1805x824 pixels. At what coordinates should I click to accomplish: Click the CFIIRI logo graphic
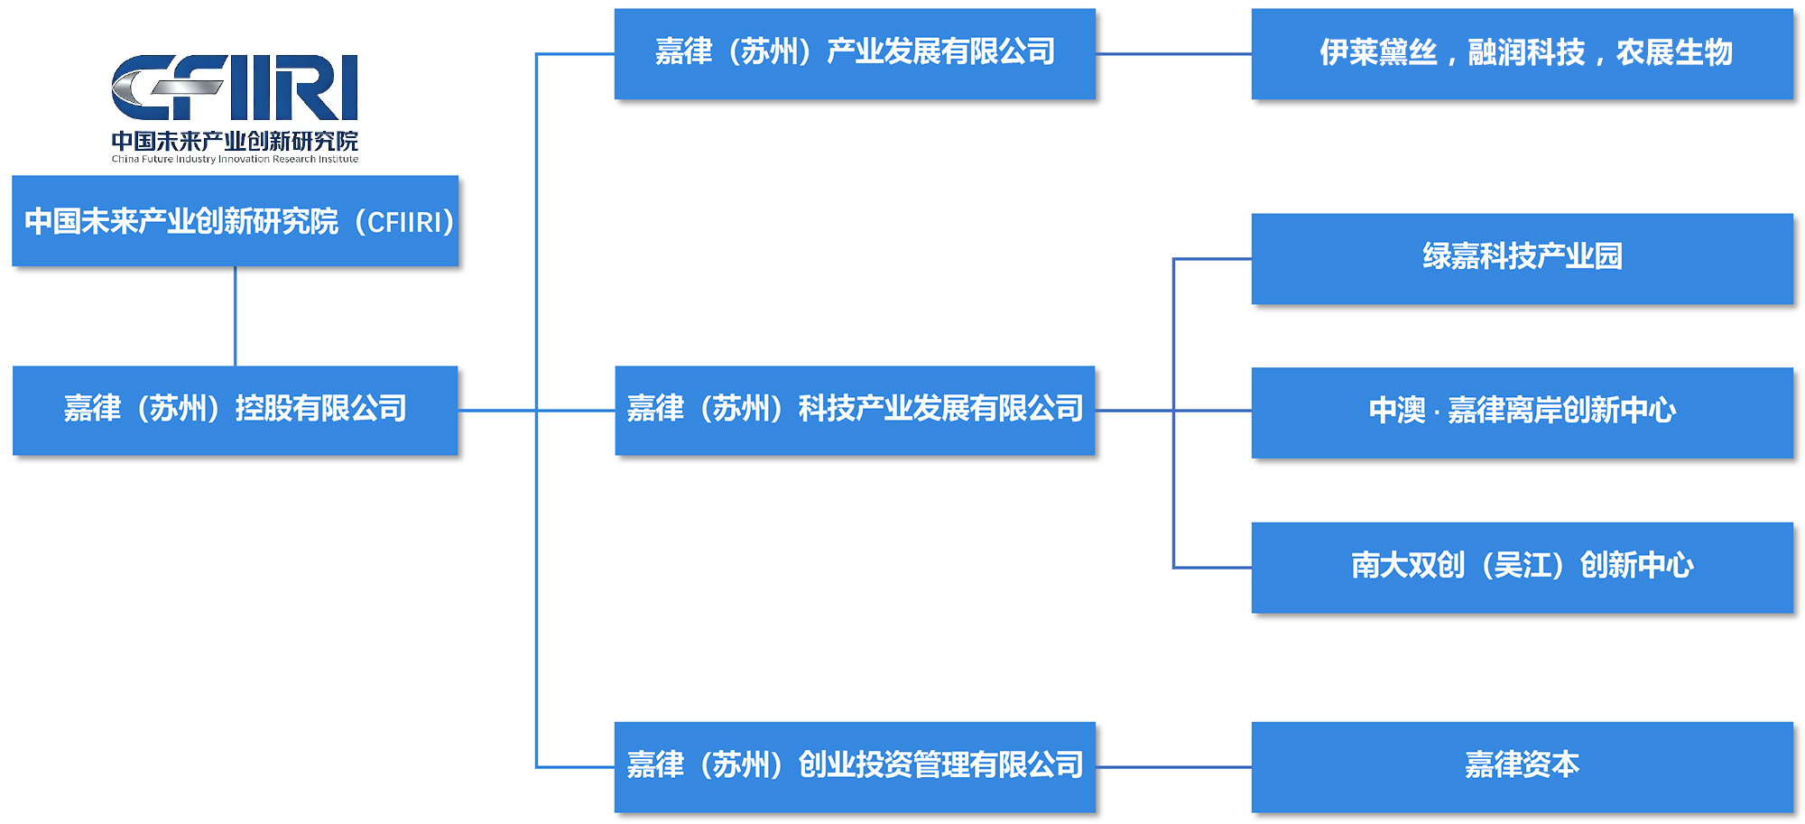coord(235,87)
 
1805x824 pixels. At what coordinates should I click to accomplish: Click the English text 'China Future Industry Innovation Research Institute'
coord(235,160)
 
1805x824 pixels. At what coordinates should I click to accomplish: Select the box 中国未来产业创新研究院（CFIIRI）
coord(236,221)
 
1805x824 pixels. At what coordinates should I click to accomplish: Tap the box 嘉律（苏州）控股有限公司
coord(236,411)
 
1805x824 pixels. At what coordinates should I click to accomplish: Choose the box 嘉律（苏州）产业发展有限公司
coord(855,54)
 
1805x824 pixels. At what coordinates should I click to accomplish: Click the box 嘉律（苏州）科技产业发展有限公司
coord(855,411)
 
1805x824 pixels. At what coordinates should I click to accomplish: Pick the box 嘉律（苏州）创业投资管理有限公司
coord(855,767)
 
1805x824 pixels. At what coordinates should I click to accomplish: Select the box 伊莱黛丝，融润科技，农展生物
coord(1523,54)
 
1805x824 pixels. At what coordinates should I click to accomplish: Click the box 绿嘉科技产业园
coord(1523,259)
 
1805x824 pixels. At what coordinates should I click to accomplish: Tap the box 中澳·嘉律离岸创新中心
coord(1523,412)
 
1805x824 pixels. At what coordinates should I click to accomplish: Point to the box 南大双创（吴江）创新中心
coord(1523,568)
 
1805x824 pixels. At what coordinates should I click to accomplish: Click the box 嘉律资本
coord(1523,767)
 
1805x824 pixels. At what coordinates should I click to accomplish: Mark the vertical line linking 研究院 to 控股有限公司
coord(236,316)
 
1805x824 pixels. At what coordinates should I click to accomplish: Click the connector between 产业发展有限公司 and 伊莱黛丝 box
coord(1173,54)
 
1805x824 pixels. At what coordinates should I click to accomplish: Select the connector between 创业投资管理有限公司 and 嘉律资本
coord(1173,767)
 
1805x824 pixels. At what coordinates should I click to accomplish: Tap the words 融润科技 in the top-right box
coord(1526,52)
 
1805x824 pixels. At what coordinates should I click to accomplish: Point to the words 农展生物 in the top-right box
coord(1674,52)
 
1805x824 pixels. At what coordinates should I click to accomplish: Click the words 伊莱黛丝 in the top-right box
coord(1378,52)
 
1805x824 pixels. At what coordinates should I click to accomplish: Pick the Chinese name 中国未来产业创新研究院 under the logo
coord(235,141)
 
